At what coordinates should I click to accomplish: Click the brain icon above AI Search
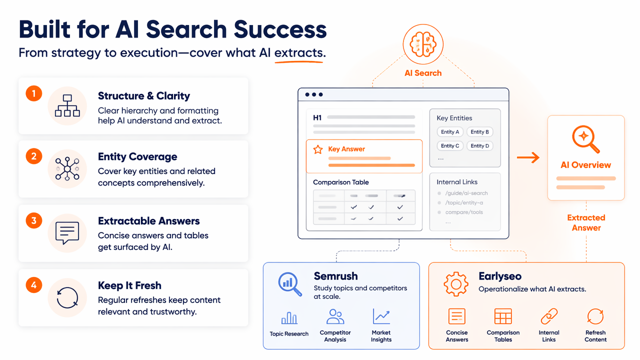(x=423, y=44)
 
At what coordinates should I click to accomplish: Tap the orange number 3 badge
(x=33, y=220)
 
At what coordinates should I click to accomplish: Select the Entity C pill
(x=450, y=145)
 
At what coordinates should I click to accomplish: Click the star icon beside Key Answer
(x=317, y=149)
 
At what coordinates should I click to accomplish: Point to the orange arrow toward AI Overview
(x=528, y=157)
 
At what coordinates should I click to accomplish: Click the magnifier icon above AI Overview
(x=585, y=139)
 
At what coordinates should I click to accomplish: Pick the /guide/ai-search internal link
(x=466, y=193)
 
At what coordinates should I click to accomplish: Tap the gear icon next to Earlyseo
(x=456, y=284)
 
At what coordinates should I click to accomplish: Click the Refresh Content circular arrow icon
(x=595, y=316)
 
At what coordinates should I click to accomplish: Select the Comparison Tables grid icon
(x=503, y=316)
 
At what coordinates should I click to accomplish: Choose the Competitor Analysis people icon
(x=335, y=316)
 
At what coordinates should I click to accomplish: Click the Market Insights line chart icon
(x=381, y=316)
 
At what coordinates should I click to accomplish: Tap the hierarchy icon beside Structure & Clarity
(x=67, y=105)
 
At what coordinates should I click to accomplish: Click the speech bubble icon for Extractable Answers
(x=67, y=233)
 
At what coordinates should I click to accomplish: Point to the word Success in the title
(x=280, y=29)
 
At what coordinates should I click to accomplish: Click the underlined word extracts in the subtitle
(x=299, y=53)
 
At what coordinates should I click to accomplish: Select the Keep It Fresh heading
(x=129, y=285)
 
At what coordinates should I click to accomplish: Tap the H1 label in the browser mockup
(x=317, y=117)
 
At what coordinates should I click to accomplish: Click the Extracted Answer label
(x=586, y=222)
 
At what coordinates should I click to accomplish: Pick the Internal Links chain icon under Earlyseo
(x=549, y=316)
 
